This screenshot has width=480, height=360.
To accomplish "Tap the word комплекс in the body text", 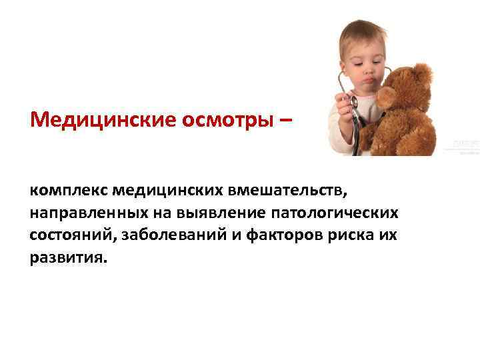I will coord(68,191).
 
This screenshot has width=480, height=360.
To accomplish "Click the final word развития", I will coord(67,257).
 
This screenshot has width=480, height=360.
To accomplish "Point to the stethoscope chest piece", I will coord(354,101).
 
